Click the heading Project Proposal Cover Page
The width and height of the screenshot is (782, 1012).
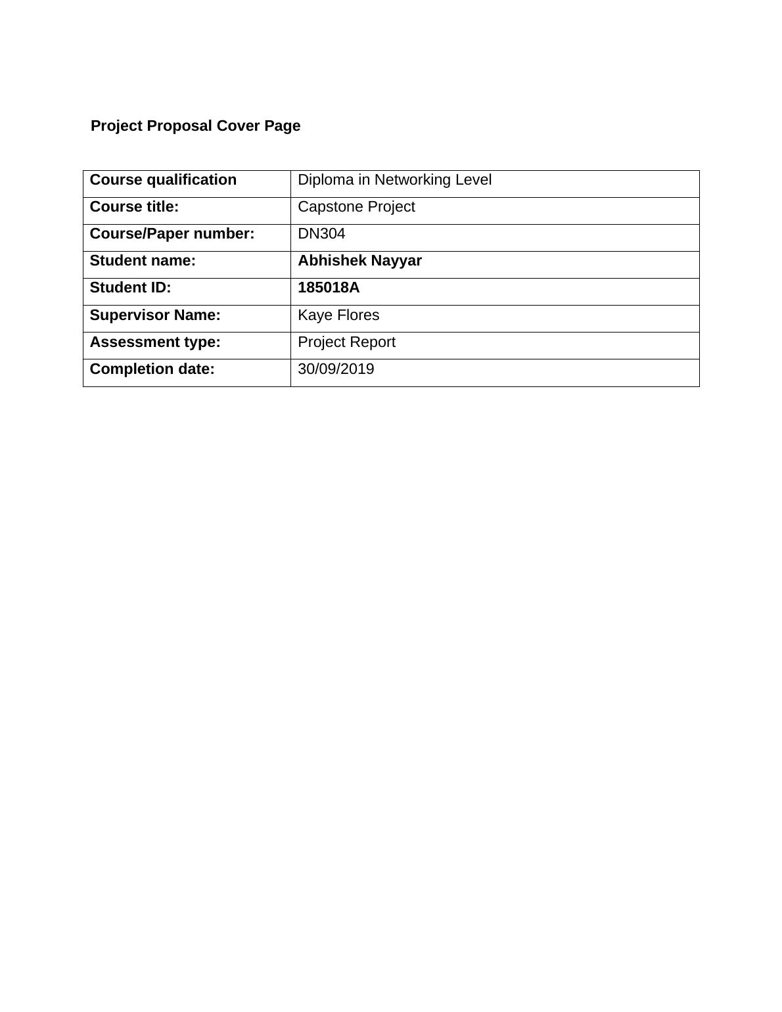coord(195,126)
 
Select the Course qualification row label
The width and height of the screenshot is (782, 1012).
coord(163,180)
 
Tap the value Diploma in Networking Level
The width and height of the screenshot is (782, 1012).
coord(394,180)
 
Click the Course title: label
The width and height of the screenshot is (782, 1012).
coord(134,207)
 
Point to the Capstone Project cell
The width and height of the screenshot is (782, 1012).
coord(356,207)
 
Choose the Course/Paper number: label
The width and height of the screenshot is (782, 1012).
coord(172,234)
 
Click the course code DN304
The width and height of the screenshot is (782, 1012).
coord(321,234)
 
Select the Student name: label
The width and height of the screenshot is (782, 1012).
coord(143,261)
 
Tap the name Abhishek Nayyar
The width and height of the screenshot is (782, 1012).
coord(359,261)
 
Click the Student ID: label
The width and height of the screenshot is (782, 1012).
coord(130,288)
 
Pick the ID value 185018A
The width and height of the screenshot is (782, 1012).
coord(329,288)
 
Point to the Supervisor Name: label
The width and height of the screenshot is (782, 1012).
coord(155,315)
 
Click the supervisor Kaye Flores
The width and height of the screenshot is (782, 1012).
coord(338,315)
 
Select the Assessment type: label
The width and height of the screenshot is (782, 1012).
coord(155,342)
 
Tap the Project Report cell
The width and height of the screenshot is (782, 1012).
coord(346,342)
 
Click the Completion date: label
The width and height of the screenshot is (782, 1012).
coord(152,369)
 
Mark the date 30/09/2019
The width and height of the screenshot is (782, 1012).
coord(336,369)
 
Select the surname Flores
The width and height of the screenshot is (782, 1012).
coord(358,315)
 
